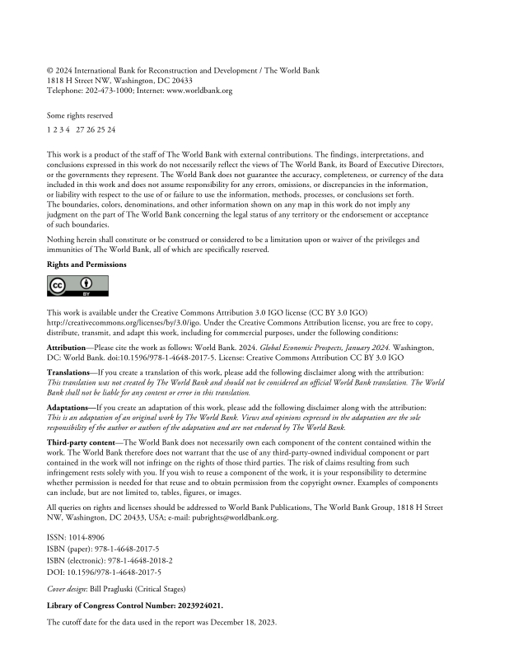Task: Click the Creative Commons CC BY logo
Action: pos(67,286)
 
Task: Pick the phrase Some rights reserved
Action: pos(80,115)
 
